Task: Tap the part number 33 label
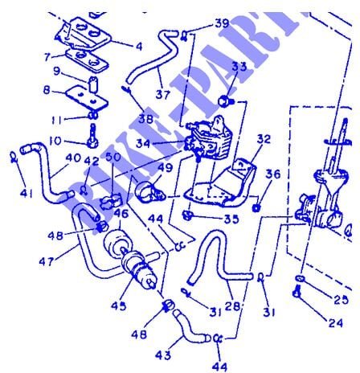tap(240, 67)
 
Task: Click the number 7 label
tap(48, 58)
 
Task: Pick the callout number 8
tap(47, 90)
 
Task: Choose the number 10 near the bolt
tap(54, 141)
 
